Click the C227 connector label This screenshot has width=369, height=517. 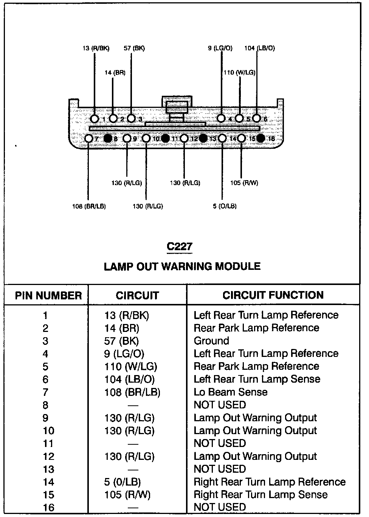pyautogui.click(x=180, y=246)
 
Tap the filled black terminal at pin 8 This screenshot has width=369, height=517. pyautogui.click(x=108, y=138)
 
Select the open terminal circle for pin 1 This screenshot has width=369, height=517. pyautogui.click(x=95, y=119)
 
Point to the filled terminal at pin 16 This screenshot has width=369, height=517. pyautogui.click(x=260, y=138)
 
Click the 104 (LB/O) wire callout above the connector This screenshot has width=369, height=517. pyautogui.click(x=259, y=48)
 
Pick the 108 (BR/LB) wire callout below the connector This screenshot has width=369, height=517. pyautogui.click(x=89, y=206)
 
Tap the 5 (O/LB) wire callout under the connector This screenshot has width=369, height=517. pyautogui.click(x=225, y=206)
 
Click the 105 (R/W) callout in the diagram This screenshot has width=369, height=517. pyautogui.click(x=244, y=183)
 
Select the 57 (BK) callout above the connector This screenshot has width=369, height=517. pyautogui.click(x=134, y=48)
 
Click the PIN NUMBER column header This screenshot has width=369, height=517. pyautogui.click(x=48, y=296)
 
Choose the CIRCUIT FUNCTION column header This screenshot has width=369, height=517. pyautogui.click(x=273, y=295)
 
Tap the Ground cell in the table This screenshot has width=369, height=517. pyautogui.click(x=211, y=341)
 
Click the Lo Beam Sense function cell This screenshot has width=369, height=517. pyautogui.click(x=231, y=392)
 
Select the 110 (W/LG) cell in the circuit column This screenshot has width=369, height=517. pyautogui.click(x=131, y=366)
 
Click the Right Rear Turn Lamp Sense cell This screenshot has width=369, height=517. pyautogui.click(x=260, y=495)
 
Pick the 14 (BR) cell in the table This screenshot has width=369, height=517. pyautogui.click(x=122, y=328)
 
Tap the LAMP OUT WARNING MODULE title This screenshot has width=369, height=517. pyautogui.click(x=182, y=266)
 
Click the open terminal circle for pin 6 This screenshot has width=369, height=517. pyautogui.click(x=256, y=118)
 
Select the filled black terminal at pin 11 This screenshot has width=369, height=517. pyautogui.click(x=165, y=138)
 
